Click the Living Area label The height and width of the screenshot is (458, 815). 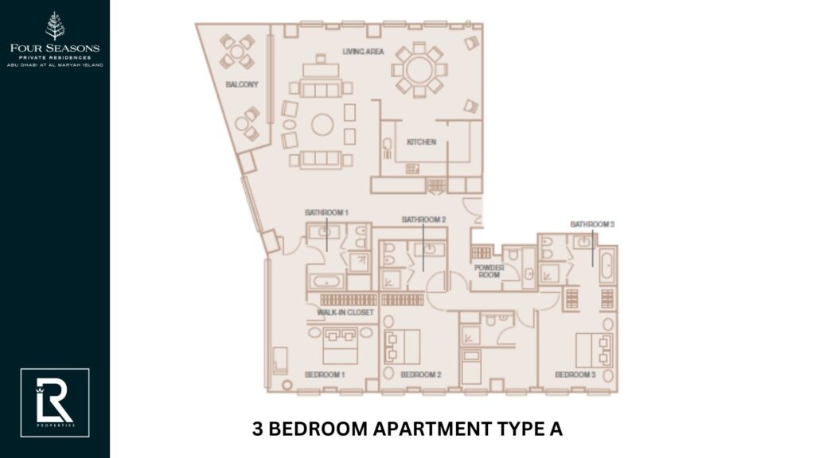(x=363, y=52)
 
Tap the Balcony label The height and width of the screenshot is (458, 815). (x=241, y=83)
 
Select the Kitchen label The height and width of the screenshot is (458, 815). (x=421, y=142)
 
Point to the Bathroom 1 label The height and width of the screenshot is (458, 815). (x=326, y=213)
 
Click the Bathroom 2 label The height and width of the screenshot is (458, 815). (x=423, y=219)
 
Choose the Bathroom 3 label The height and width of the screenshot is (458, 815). (x=592, y=224)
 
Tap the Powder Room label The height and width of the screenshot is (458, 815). (x=489, y=272)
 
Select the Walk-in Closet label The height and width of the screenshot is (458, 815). (x=345, y=312)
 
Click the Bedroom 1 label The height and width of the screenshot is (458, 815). (x=325, y=375)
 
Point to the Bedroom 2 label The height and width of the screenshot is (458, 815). (x=421, y=375)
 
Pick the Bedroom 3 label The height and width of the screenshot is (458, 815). (x=575, y=375)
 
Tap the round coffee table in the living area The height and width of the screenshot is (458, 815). (x=322, y=124)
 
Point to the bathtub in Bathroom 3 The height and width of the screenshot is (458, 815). (x=608, y=265)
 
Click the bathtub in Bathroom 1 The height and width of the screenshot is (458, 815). (x=326, y=281)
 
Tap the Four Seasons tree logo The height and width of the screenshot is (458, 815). (x=55, y=26)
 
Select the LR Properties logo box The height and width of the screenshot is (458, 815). (x=55, y=402)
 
